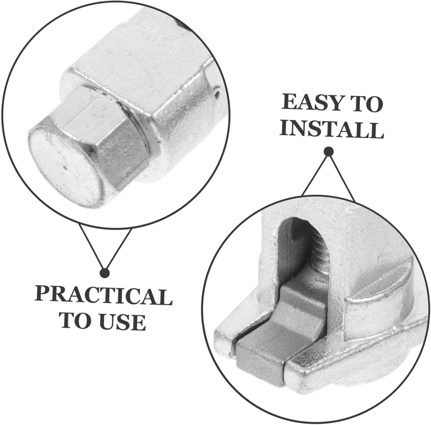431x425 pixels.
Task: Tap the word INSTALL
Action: [332, 130]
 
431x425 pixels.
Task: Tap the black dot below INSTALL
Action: [328, 152]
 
